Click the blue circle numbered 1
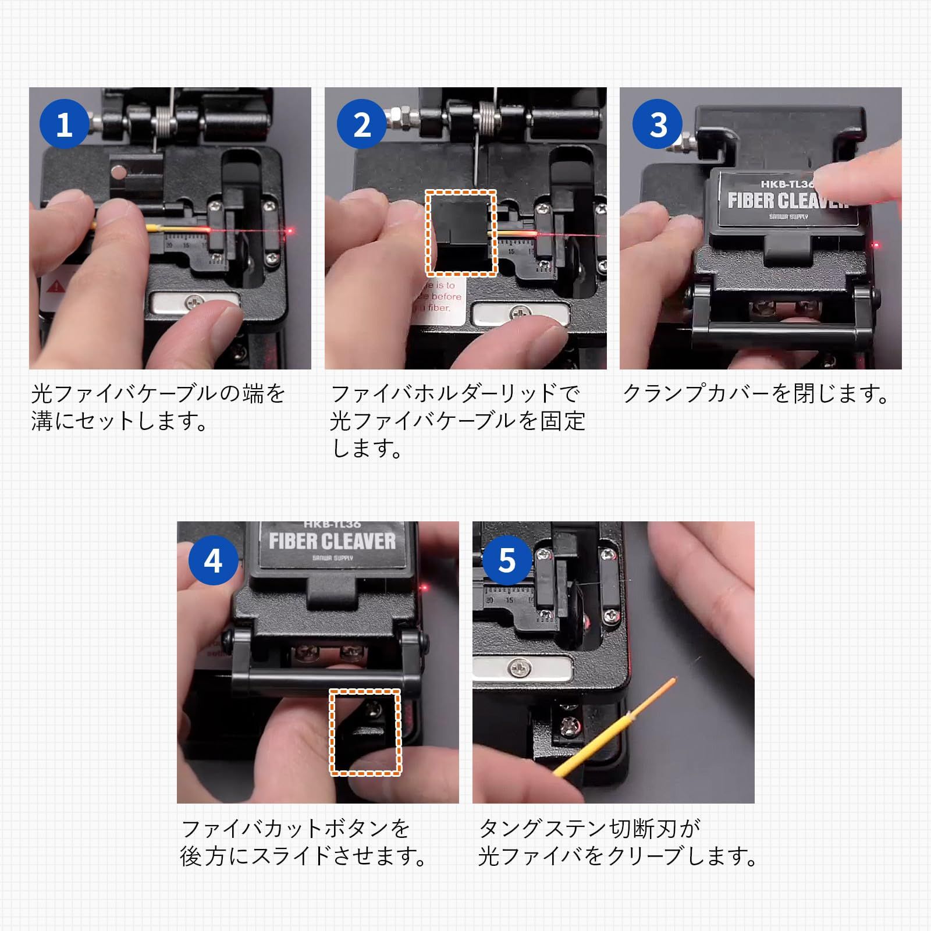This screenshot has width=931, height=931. point(64,124)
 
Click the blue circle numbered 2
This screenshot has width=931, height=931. point(362,124)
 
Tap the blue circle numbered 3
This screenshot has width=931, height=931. point(658,124)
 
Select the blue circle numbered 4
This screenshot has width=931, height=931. point(213,560)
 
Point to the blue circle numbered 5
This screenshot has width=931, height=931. point(507,560)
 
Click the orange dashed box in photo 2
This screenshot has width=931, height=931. point(461,233)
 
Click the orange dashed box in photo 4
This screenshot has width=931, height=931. point(366,732)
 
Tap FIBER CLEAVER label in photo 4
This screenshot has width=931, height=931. point(332,542)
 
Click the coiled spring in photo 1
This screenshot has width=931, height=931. point(164,123)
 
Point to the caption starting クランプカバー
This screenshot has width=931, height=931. point(755,394)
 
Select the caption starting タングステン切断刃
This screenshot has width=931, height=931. point(617,842)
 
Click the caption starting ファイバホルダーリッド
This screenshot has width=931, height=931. point(457,421)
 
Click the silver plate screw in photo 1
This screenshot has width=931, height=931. point(194,302)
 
